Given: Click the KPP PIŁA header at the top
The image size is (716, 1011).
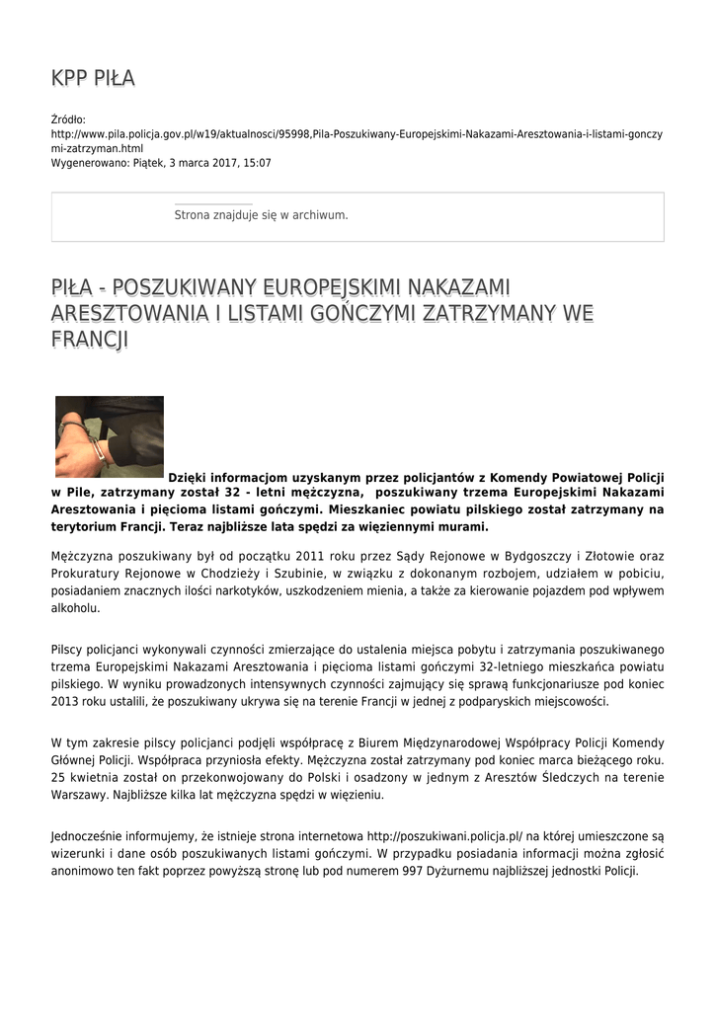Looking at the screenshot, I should [x=93, y=78].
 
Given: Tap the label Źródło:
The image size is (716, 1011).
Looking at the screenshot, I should [x=68, y=118].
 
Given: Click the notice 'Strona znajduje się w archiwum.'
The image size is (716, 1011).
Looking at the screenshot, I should [x=261, y=214].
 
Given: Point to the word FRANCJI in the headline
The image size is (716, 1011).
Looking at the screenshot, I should [x=90, y=340].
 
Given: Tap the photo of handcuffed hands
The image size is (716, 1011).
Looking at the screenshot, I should [x=109, y=436].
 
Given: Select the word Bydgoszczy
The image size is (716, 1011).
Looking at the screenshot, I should [x=509, y=556].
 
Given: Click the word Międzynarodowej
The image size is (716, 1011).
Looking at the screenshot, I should [x=462, y=742].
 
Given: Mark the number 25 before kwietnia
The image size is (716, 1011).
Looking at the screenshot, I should [x=57, y=778].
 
